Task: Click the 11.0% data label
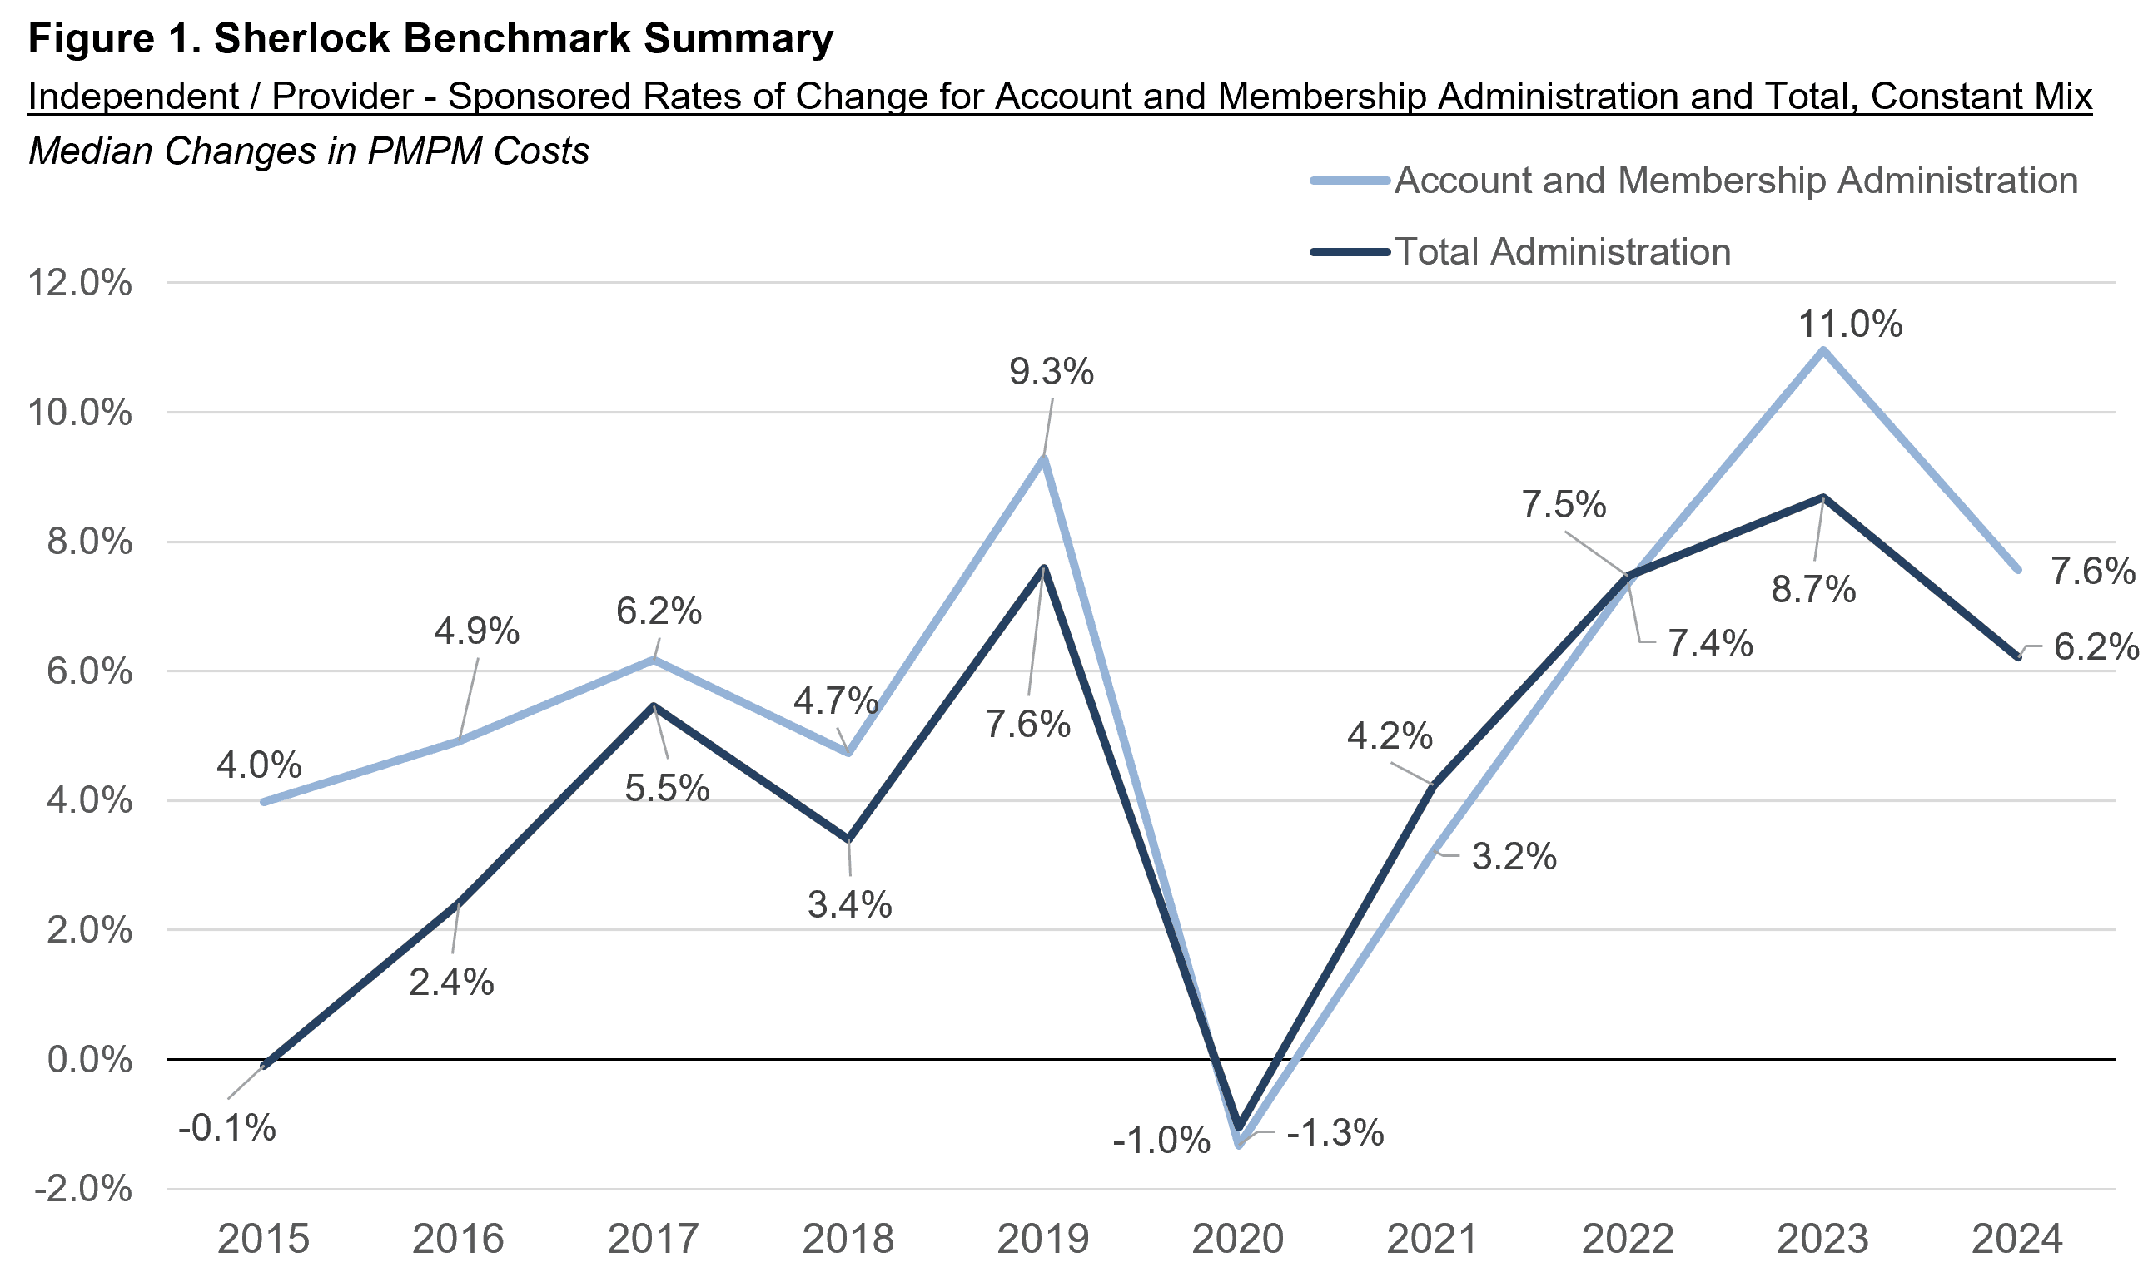point(1850,324)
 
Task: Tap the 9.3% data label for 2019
point(1051,373)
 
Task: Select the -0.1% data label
point(226,1128)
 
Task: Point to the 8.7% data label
point(1813,590)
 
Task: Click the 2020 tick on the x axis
point(1238,1239)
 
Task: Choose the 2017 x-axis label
point(653,1239)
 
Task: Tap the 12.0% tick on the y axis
point(80,283)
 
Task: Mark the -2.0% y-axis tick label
point(83,1189)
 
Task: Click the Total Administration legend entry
point(1562,252)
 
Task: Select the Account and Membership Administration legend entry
point(1736,181)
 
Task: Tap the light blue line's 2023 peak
point(1822,350)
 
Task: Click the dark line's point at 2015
point(264,1066)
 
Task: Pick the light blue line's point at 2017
point(654,659)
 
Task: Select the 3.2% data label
point(1514,857)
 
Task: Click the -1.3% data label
point(1335,1132)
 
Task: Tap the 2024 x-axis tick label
point(2017,1239)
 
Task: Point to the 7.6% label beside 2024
point(2092,572)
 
